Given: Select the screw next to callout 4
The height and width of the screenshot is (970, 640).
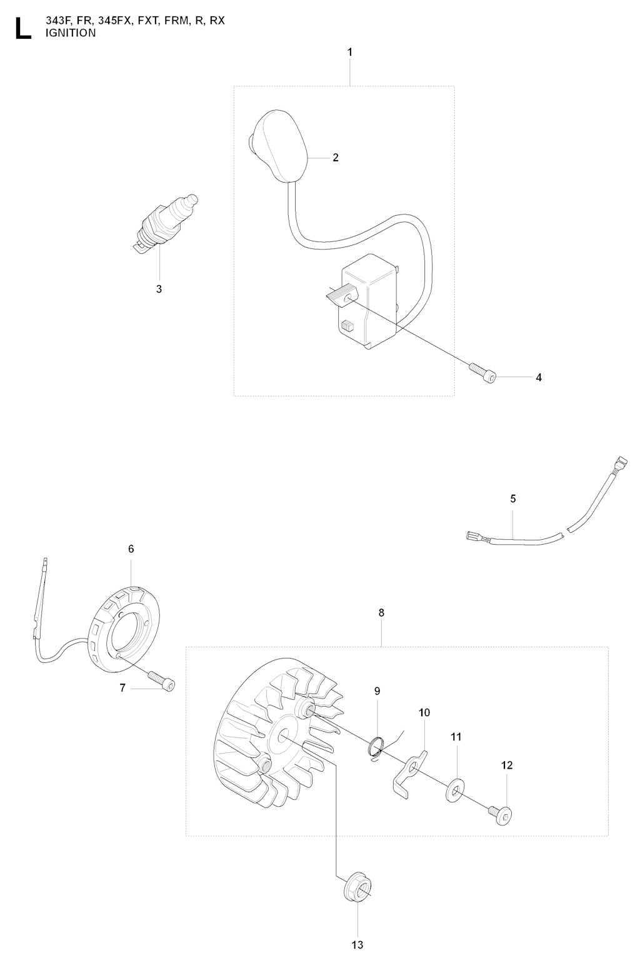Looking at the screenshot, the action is click(x=482, y=372).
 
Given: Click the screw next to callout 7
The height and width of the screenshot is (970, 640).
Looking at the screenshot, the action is click(x=162, y=680).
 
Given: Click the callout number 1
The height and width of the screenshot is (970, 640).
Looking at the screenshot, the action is click(x=349, y=53).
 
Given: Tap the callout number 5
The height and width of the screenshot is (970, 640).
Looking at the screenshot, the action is click(x=512, y=499).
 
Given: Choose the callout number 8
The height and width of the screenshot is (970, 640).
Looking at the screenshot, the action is click(x=381, y=613).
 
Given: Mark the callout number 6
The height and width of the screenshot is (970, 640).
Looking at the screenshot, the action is click(x=131, y=549).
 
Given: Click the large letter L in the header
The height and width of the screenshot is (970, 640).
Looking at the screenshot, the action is click(x=23, y=28).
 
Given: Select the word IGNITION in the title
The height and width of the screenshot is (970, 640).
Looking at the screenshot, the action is click(x=71, y=33).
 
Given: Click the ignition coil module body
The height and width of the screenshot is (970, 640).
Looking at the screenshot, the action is click(x=369, y=305).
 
